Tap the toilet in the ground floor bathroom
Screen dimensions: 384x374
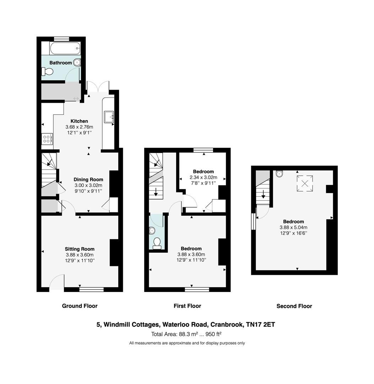pyautogui.click(x=48, y=72)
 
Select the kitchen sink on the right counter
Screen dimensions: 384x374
pyautogui.click(x=109, y=116)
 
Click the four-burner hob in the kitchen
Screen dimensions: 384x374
pyautogui.click(x=47, y=138)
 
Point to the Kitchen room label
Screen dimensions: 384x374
pyautogui.click(x=79, y=121)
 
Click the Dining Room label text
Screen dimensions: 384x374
pyautogui.click(x=88, y=180)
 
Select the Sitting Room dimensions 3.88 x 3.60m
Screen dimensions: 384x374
pyautogui.click(x=80, y=255)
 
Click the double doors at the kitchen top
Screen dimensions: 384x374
pyautogui.click(x=98, y=87)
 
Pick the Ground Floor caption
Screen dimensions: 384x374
pyautogui.click(x=80, y=306)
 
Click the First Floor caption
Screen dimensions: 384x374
pyautogui.click(x=187, y=306)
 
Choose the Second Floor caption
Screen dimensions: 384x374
pyautogui.click(x=294, y=306)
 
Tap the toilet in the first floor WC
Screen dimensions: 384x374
pyautogui.click(x=157, y=242)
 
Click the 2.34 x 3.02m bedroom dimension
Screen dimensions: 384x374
pyautogui.click(x=204, y=177)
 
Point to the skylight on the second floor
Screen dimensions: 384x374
pyautogui.click(x=305, y=183)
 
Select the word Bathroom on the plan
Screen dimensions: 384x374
pyautogui.click(x=60, y=63)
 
